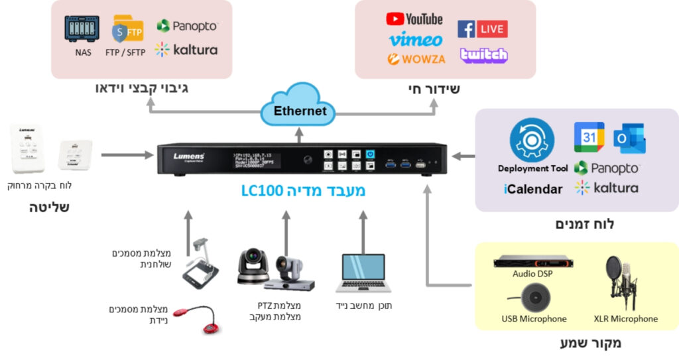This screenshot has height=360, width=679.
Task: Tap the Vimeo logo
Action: (x=415, y=39)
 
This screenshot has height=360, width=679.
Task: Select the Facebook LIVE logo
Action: (x=482, y=29)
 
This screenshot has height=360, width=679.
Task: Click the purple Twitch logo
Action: (x=483, y=55)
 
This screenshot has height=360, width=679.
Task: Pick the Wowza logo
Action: (x=416, y=59)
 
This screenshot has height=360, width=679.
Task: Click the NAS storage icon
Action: (x=82, y=29)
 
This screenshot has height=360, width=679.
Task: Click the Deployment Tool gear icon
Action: (x=532, y=140)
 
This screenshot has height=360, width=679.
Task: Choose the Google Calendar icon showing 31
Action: (x=589, y=137)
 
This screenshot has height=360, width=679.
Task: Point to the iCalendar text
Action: (x=533, y=189)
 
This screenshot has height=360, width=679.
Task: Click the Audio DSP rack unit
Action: (x=532, y=261)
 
